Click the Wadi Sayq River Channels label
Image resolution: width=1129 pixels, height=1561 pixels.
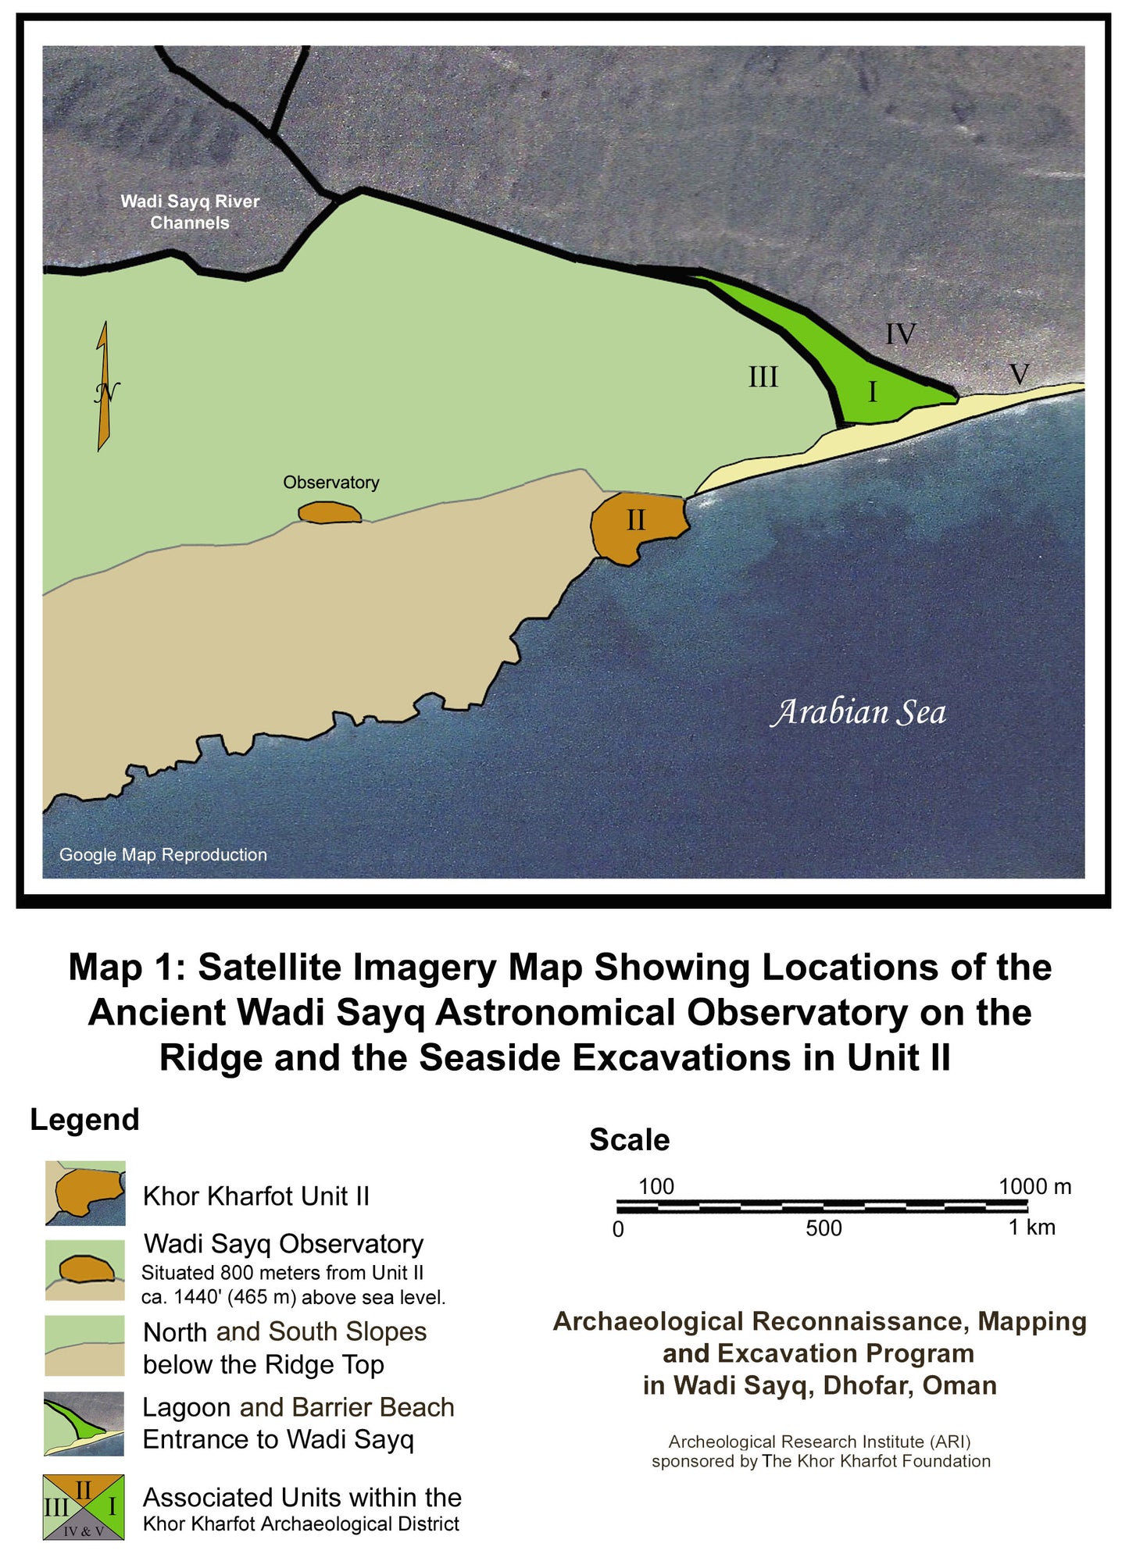pyautogui.click(x=190, y=212)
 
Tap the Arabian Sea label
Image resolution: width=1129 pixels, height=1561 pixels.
pyautogui.click(x=858, y=712)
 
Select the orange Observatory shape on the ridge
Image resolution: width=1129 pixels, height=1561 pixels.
pyautogui.click(x=330, y=512)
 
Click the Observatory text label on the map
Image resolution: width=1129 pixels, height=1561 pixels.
pyautogui.click(x=330, y=483)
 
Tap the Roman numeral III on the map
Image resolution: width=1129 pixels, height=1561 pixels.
pyautogui.click(x=763, y=377)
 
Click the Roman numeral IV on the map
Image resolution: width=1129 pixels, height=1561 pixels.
pyautogui.click(x=899, y=334)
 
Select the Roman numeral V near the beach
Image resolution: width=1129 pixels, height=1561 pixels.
pyautogui.click(x=1019, y=374)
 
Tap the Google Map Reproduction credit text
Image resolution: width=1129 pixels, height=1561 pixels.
pyautogui.click(x=163, y=854)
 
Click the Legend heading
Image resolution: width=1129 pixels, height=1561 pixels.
pyautogui.click(x=84, y=1119)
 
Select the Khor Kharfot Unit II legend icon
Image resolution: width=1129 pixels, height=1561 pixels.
pyautogui.click(x=85, y=1192)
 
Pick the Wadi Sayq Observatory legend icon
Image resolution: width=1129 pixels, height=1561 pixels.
pyautogui.click(x=84, y=1270)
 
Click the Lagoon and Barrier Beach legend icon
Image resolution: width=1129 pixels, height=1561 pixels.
pyautogui.click(x=84, y=1423)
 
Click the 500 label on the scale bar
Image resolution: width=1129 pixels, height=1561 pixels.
pyautogui.click(x=824, y=1228)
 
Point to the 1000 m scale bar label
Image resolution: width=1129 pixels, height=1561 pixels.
pyautogui.click(x=1034, y=1186)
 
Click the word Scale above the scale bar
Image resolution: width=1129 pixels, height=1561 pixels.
pyautogui.click(x=629, y=1139)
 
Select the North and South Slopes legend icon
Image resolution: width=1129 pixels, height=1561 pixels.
pyautogui.click(x=84, y=1345)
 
